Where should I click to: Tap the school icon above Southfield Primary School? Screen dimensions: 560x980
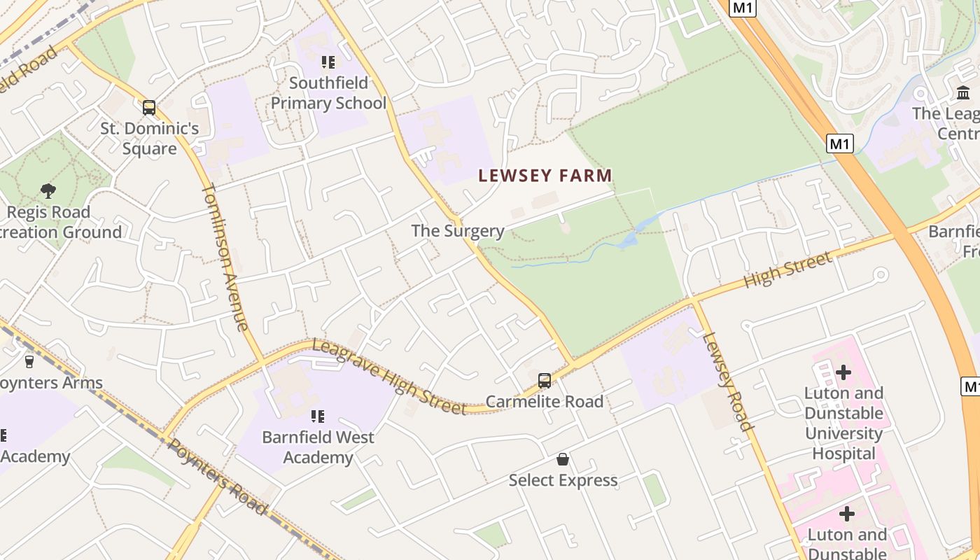(x=328, y=62)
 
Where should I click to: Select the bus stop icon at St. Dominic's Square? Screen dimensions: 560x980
(x=149, y=108)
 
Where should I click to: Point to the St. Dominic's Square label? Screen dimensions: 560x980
(x=149, y=139)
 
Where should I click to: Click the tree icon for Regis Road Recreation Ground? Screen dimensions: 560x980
(x=48, y=190)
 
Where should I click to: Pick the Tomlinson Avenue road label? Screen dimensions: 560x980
(x=225, y=256)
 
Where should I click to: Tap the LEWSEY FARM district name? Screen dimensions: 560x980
(x=545, y=176)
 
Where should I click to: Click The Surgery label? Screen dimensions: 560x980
(x=458, y=230)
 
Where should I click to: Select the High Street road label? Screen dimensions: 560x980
(x=787, y=269)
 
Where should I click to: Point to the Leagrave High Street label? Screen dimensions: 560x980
(x=389, y=376)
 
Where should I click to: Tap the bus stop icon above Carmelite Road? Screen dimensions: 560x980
(x=545, y=381)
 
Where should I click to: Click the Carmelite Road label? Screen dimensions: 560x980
(x=545, y=402)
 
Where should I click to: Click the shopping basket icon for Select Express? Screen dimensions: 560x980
(x=563, y=459)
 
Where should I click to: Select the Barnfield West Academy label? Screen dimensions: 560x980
(x=318, y=447)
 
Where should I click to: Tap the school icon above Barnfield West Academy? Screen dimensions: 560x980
(x=318, y=416)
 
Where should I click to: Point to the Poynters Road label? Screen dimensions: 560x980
(x=217, y=476)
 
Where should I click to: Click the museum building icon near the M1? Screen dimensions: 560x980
(x=963, y=92)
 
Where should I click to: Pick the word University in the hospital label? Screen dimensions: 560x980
(x=843, y=433)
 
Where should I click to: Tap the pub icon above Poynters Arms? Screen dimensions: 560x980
(x=29, y=362)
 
